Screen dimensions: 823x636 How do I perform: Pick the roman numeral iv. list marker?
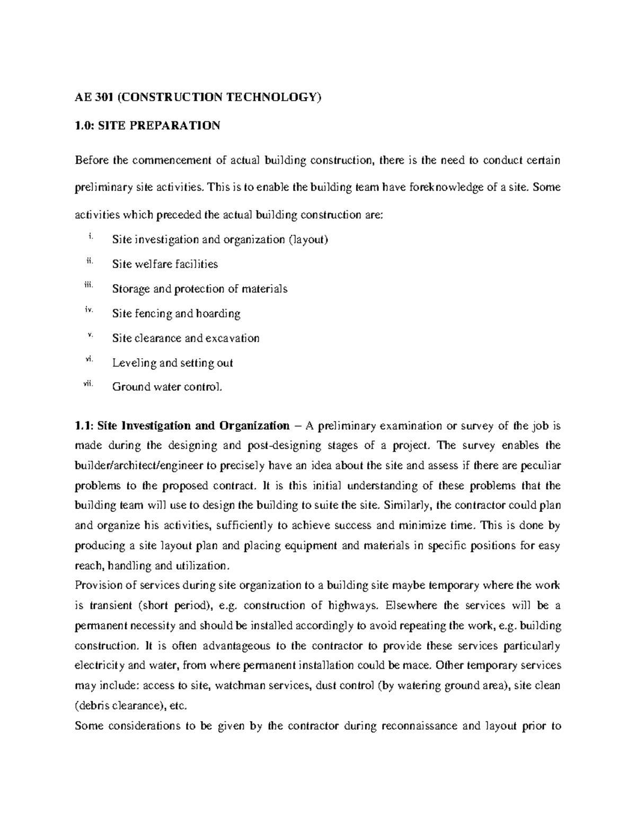point(89,311)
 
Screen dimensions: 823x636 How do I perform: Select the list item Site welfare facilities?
point(165,264)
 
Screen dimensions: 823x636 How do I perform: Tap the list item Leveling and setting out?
point(172,362)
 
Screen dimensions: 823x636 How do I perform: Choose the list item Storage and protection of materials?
point(199,289)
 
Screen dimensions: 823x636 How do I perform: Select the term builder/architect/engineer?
point(139,466)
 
